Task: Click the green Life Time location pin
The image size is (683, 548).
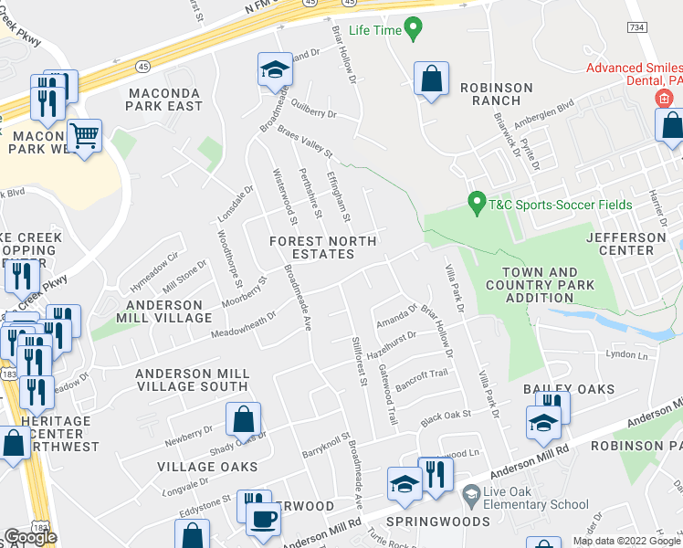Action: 413,29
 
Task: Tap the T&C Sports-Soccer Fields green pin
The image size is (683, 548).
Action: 475,202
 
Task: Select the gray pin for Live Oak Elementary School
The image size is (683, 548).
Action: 471,496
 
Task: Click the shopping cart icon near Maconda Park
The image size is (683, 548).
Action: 84,137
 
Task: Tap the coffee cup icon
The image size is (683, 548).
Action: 264,518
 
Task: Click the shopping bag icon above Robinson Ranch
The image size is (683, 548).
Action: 431,79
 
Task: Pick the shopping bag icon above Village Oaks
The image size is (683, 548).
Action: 243,420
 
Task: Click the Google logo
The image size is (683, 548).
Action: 30,537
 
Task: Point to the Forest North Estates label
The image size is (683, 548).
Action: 311,248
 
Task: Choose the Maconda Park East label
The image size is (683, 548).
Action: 165,100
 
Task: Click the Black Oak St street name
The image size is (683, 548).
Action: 445,417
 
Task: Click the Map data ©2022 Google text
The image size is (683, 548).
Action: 625,541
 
